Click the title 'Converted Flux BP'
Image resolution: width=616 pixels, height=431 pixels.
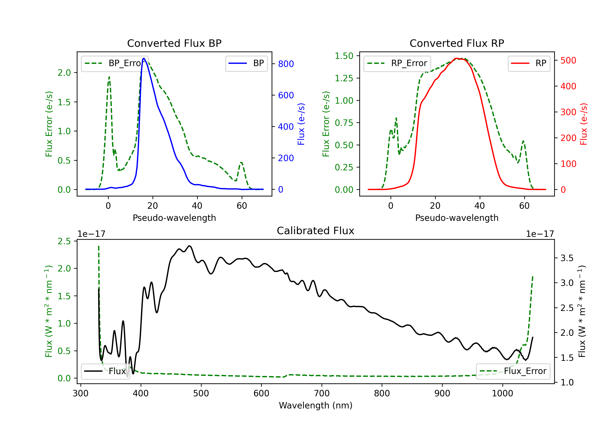point(174,43)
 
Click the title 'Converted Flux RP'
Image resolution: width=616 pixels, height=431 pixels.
point(457,43)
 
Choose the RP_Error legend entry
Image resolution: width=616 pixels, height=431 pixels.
point(397,63)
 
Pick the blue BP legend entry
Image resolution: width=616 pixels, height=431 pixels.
point(246,63)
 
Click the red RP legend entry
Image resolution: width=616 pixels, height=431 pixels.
point(529,63)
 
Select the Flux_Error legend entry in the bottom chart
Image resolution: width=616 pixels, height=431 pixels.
point(513,371)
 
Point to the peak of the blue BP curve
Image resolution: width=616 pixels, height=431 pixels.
point(144,58)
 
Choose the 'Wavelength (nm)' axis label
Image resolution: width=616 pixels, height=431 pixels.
point(316,405)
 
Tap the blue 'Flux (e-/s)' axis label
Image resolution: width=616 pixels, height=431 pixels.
point(301,124)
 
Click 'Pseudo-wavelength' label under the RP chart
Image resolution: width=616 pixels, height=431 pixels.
point(457,218)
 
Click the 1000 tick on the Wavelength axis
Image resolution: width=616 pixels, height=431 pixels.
point(502,393)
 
